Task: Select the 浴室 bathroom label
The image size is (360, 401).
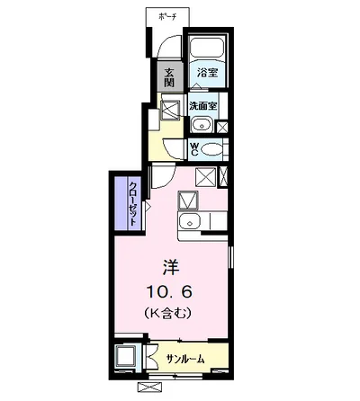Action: [x=207, y=73]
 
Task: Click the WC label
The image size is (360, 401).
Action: [x=194, y=148]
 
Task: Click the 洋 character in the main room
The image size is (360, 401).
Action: [x=170, y=267]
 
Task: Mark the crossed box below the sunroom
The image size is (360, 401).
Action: [x=148, y=388]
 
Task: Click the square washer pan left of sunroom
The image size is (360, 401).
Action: [x=125, y=357]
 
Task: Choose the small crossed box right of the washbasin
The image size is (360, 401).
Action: [x=222, y=125]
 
